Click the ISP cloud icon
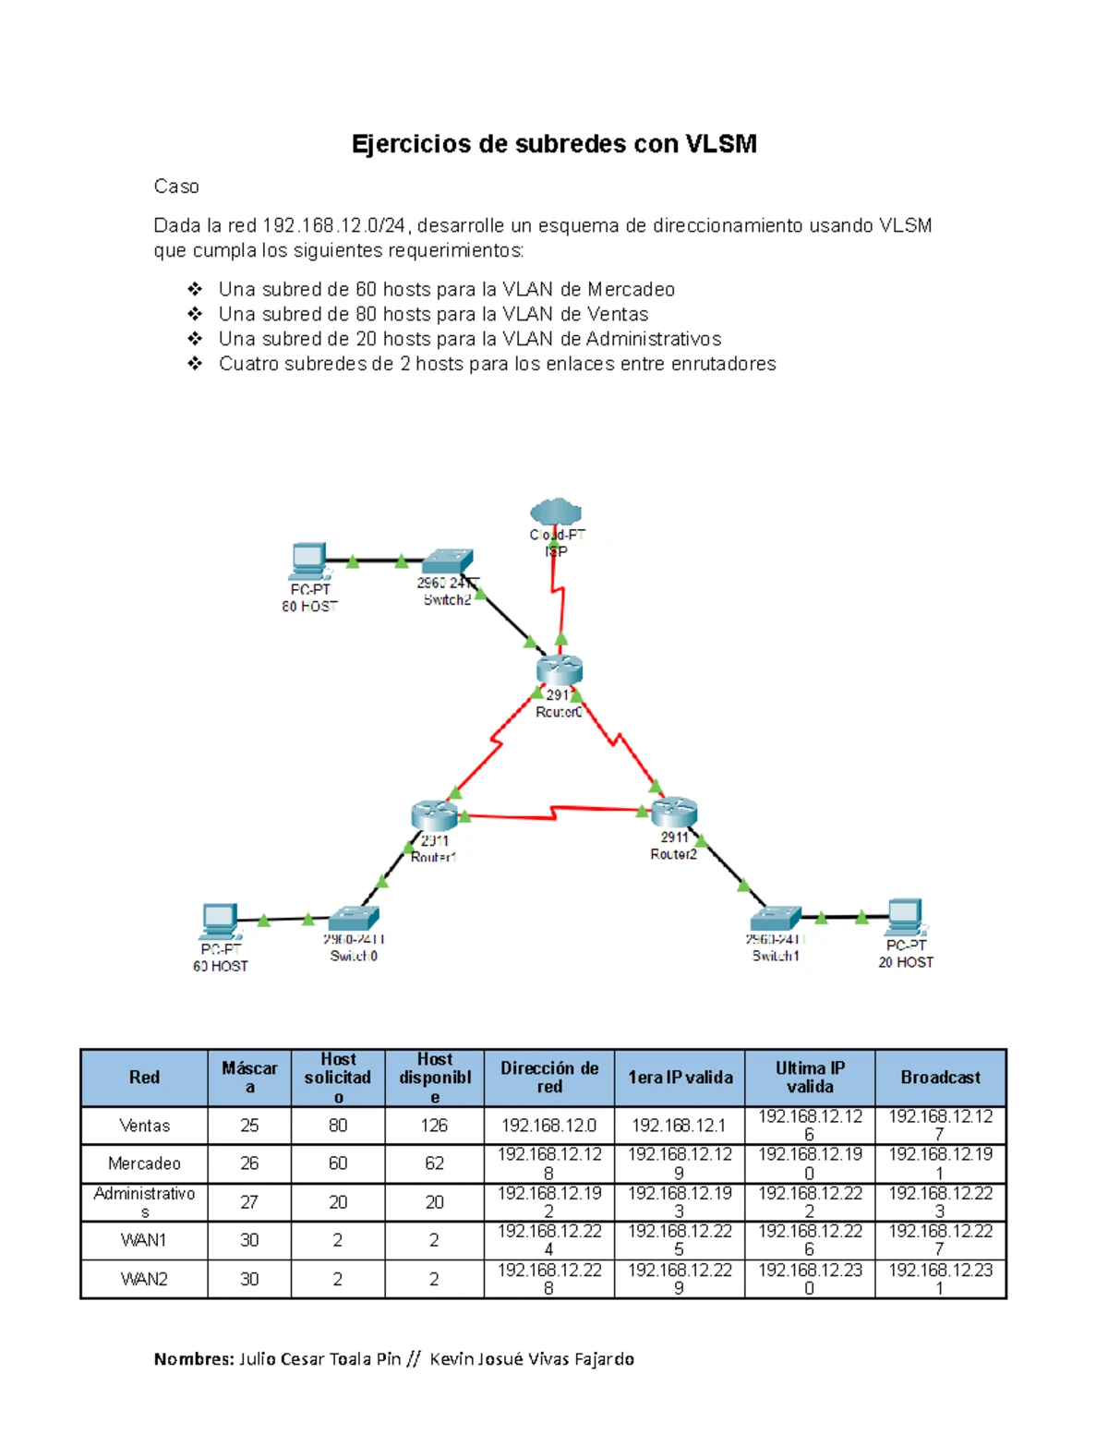click(x=556, y=511)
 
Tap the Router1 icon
click(x=434, y=814)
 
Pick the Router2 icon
click(x=674, y=812)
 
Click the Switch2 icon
click(x=449, y=561)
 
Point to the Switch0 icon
click(x=354, y=919)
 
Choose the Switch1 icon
click(x=776, y=918)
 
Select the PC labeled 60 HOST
click(x=219, y=921)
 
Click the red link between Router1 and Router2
click(x=554, y=813)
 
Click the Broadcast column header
click(x=940, y=1078)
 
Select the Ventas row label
click(x=144, y=1126)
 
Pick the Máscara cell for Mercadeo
click(x=249, y=1163)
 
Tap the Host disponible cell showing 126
click(x=434, y=1126)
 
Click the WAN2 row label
click(x=144, y=1279)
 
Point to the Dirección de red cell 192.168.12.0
click(x=548, y=1126)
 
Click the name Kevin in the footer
click(x=452, y=1358)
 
